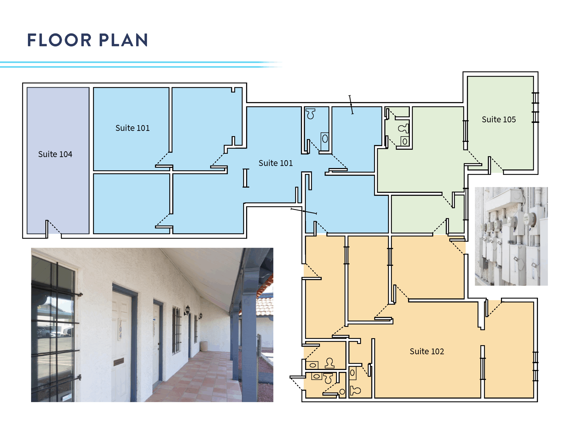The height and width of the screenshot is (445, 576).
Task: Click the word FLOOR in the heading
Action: click(59, 40)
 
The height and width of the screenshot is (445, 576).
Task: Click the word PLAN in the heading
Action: click(123, 40)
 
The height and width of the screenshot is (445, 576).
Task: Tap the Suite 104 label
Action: click(55, 154)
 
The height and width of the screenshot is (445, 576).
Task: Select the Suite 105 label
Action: click(499, 119)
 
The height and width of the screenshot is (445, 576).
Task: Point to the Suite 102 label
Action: click(427, 351)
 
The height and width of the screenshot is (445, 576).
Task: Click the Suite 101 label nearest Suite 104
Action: click(132, 128)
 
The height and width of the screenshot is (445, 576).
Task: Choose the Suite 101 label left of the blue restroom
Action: click(276, 163)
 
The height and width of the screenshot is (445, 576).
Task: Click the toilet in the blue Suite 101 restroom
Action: click(310, 114)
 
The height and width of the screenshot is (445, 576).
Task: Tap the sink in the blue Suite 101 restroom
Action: click(325, 139)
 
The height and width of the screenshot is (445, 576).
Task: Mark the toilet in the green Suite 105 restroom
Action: click(403, 129)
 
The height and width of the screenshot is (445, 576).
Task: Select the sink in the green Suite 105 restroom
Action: click(405, 141)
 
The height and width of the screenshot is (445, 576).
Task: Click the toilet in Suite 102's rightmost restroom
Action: click(355, 391)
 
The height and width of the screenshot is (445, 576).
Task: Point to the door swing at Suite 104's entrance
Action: click(54, 228)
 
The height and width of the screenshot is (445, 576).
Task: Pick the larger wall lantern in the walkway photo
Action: click(187, 310)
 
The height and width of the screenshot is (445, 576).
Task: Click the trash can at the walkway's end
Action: click(204, 346)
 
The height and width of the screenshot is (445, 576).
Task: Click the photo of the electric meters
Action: click(511, 236)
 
